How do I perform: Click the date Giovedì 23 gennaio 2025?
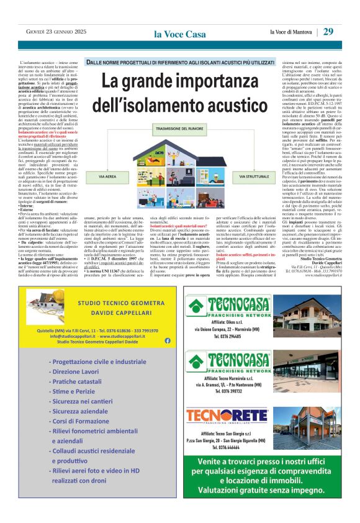coord(47,32)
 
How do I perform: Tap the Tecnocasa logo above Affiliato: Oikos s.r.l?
coord(229,305)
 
